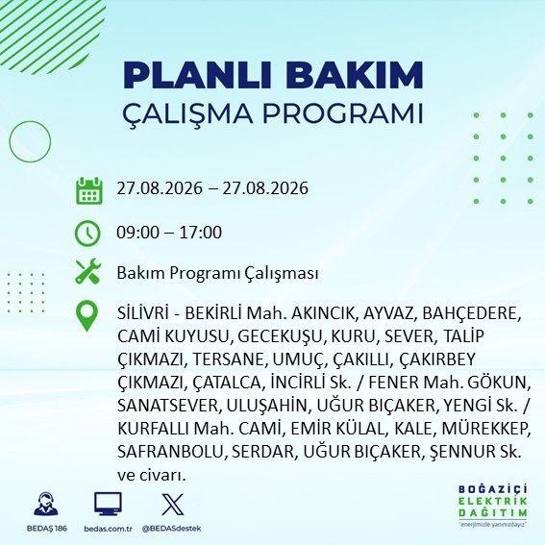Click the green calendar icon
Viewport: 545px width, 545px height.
pyautogui.click(x=89, y=190)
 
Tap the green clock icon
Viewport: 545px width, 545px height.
pyautogui.click(x=87, y=234)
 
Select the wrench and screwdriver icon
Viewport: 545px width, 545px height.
pyautogui.click(x=87, y=271)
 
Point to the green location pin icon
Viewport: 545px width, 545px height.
pyautogui.click(x=87, y=315)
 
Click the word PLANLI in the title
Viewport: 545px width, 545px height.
pyautogui.click(x=197, y=75)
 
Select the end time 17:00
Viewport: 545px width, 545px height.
pyautogui.click(x=201, y=233)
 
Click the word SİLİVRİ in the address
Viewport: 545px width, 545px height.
pyautogui.click(x=143, y=313)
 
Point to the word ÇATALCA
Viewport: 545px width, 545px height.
pyautogui.click(x=229, y=383)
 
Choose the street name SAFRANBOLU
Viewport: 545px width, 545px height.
pyautogui.click(x=172, y=452)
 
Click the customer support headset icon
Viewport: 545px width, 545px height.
pyautogui.click(x=46, y=504)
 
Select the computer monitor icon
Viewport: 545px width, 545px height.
pyautogui.click(x=108, y=504)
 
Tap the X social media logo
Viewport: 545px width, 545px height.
pyautogui.click(x=173, y=504)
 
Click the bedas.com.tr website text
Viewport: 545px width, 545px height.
pyautogui.click(x=108, y=529)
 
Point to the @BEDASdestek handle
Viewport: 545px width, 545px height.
pyautogui.click(x=172, y=529)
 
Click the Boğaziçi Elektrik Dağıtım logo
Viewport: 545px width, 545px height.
pyautogui.click(x=492, y=506)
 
